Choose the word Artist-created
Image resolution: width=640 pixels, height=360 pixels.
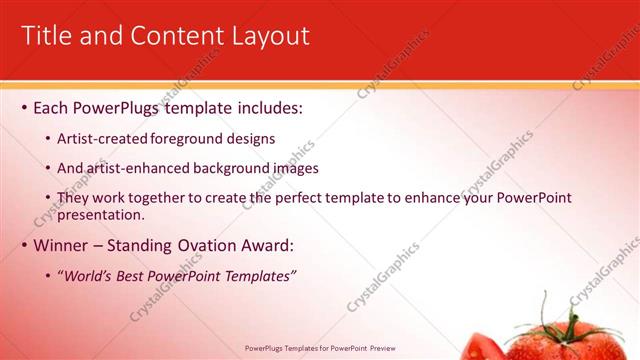click(x=102, y=139)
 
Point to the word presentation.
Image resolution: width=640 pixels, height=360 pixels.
click(x=101, y=214)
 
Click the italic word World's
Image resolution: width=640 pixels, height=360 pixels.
click(x=88, y=276)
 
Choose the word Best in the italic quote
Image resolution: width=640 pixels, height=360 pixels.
click(x=131, y=276)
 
